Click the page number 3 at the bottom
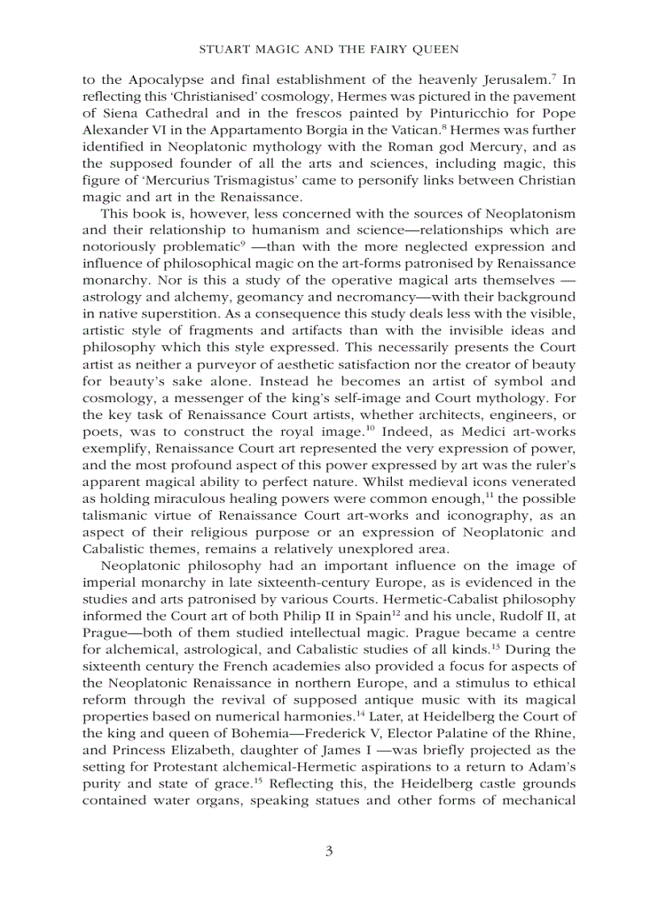pyautogui.click(x=329, y=852)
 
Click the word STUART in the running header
pyautogui.click(x=222, y=50)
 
